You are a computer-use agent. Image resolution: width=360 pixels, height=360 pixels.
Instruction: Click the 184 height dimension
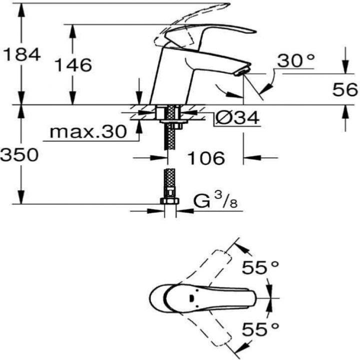(22, 54)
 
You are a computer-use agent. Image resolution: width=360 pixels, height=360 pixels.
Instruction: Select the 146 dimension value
(73, 64)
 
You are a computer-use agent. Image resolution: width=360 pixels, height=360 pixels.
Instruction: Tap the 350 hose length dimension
(19, 154)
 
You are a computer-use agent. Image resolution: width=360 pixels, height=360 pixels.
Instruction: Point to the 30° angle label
(295, 60)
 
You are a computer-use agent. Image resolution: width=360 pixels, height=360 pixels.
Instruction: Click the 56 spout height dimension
(345, 89)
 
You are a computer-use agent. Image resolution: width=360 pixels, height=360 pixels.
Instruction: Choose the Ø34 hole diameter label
(237, 117)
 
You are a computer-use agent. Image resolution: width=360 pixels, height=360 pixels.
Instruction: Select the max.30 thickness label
(88, 131)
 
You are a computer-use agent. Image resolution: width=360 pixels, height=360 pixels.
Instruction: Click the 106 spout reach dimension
(206, 158)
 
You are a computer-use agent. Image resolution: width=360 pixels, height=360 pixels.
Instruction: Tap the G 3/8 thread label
(215, 200)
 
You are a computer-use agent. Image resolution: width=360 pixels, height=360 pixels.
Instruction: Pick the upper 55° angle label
(260, 267)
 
